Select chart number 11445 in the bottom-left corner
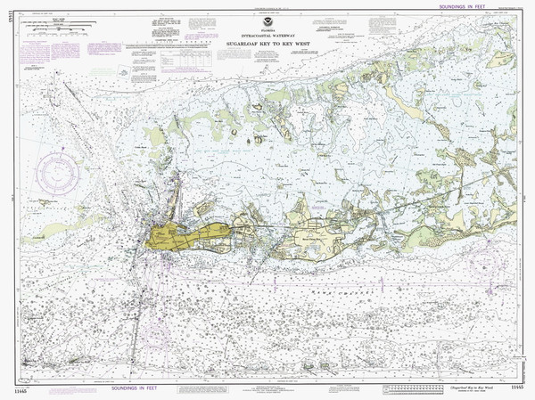[17, 388]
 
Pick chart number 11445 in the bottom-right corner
[518, 388]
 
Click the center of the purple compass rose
[59, 173]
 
